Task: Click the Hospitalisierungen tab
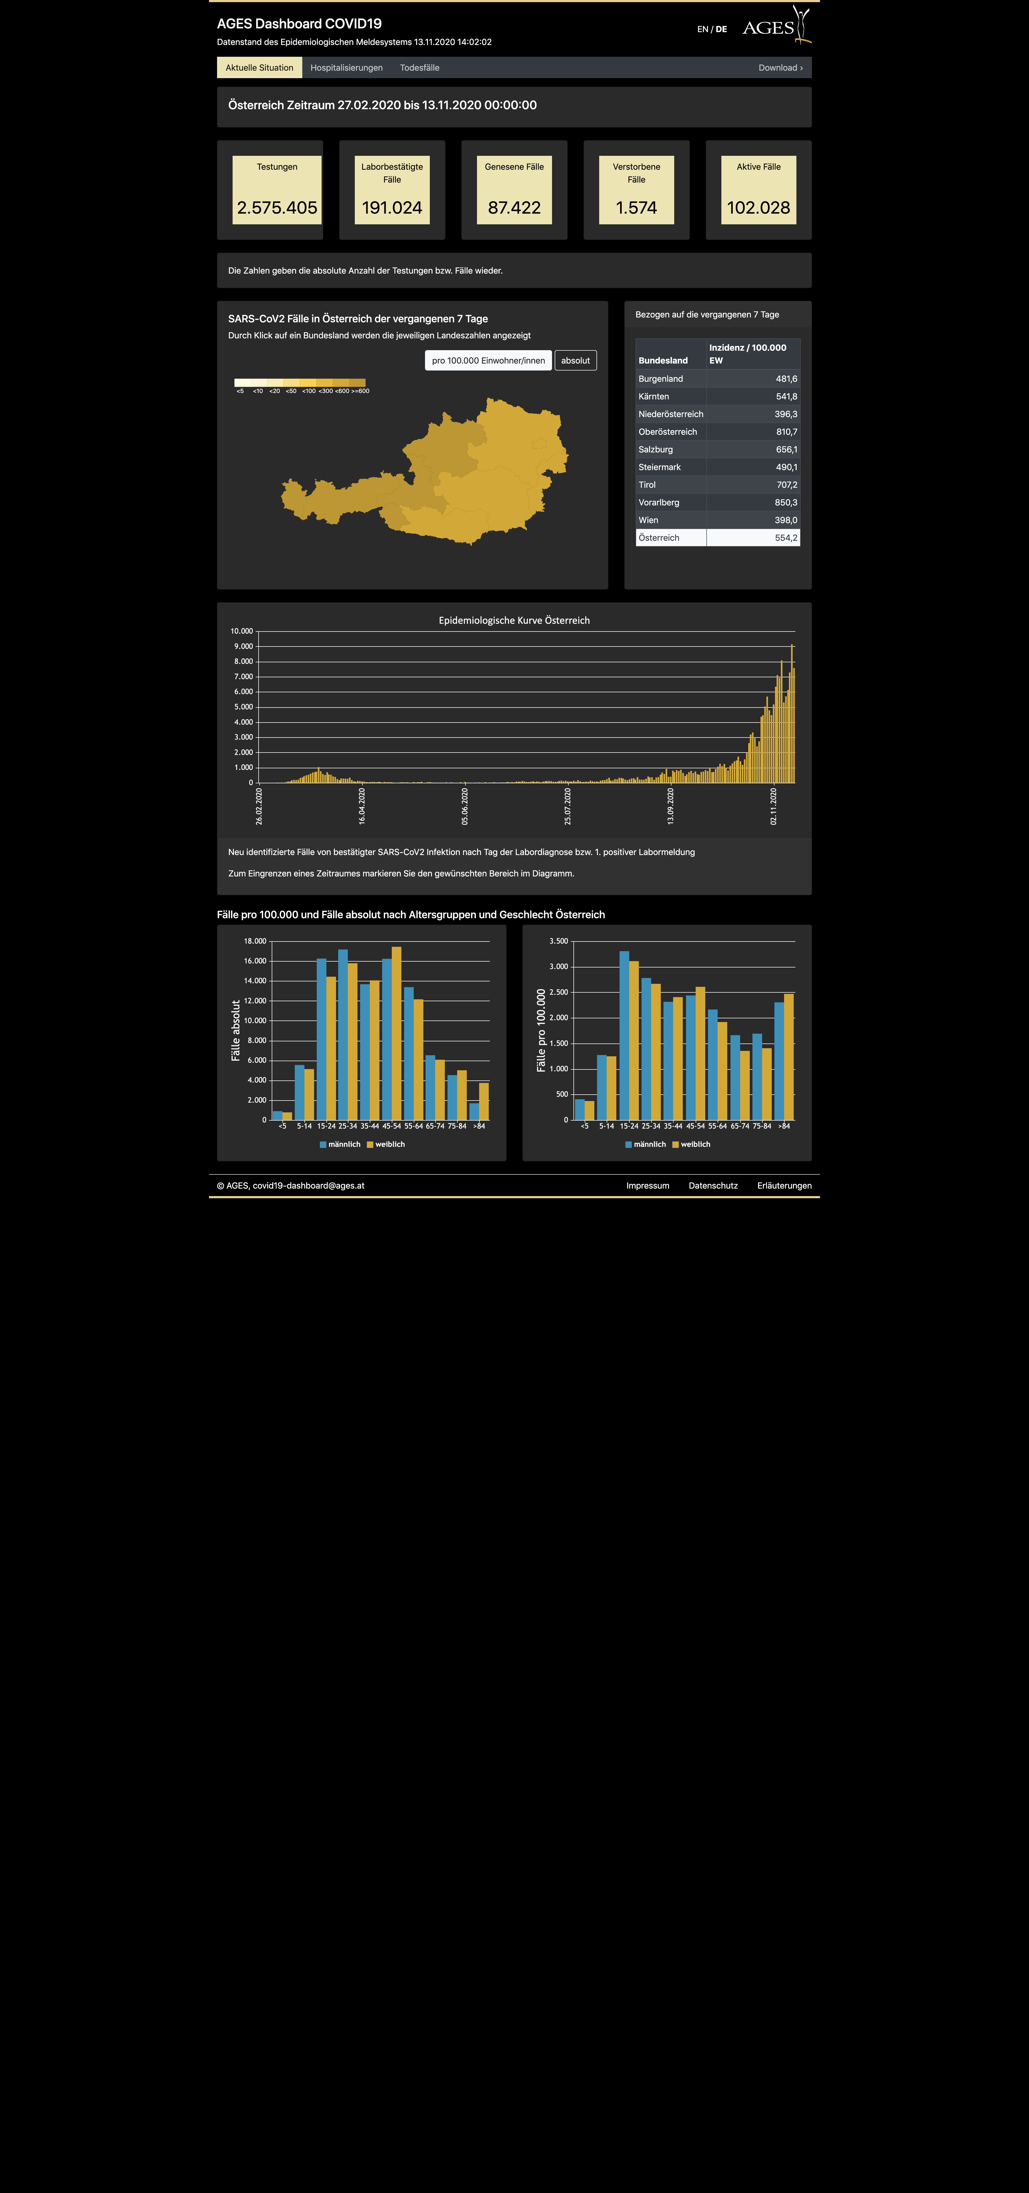[x=346, y=68]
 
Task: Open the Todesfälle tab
[x=419, y=68]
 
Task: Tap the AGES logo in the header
[x=776, y=25]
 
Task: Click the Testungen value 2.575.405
[x=277, y=208]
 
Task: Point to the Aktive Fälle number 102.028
[x=758, y=208]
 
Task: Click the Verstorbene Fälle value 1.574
[x=636, y=208]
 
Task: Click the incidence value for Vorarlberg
[x=785, y=502]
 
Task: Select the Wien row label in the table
[x=648, y=520]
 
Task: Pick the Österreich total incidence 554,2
[x=785, y=538]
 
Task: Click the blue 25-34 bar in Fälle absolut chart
[x=342, y=1034]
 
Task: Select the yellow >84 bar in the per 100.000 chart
[x=789, y=1057]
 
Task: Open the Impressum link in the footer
[x=647, y=1186]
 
